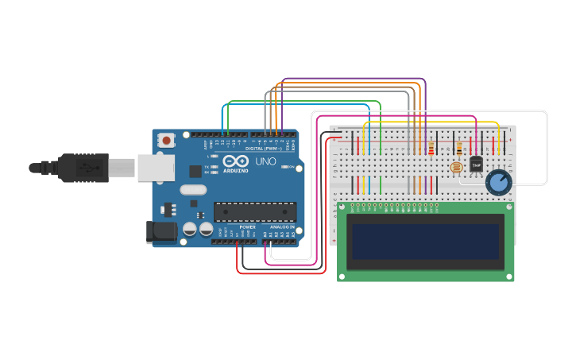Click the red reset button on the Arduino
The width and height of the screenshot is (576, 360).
(x=167, y=141)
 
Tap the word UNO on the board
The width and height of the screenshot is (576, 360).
(x=265, y=161)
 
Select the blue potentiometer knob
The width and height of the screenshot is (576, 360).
(x=498, y=182)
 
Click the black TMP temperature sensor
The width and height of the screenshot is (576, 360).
(x=476, y=164)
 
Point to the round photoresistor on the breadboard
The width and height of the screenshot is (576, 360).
(x=456, y=168)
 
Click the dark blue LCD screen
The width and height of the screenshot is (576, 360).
(x=426, y=242)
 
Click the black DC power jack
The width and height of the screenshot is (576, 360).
(x=161, y=232)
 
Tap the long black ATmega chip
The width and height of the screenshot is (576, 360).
(x=254, y=211)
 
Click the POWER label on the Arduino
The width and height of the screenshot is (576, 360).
(x=248, y=227)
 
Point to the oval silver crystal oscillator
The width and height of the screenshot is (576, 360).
(x=193, y=189)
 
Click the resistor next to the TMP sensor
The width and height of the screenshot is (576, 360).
(x=459, y=148)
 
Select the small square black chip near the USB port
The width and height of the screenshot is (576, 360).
(x=195, y=171)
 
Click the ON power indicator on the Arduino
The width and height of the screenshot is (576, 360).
(x=291, y=167)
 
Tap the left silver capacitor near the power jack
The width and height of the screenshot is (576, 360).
(x=191, y=229)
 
